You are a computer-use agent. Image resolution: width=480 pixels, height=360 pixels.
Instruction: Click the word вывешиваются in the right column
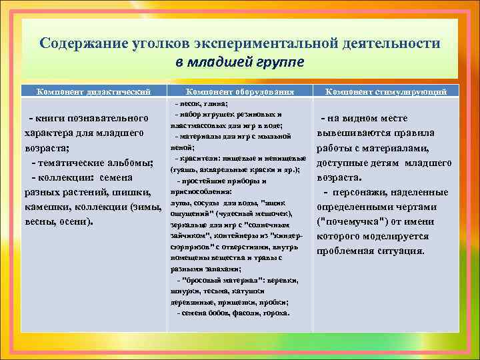[352, 133]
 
